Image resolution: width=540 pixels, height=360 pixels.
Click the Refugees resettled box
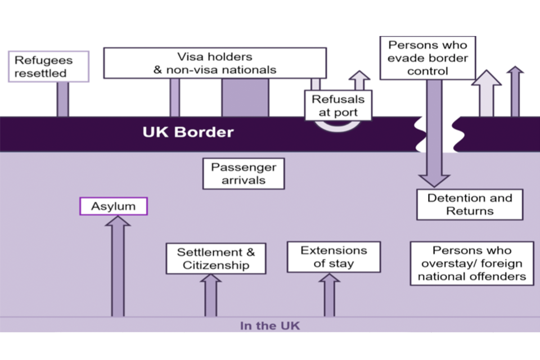pyautogui.click(x=49, y=66)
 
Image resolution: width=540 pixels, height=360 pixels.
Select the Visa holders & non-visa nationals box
pyautogui.click(x=215, y=63)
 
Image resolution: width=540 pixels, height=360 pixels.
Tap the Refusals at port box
pyautogui.click(x=338, y=106)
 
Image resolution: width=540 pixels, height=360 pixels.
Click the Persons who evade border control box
pyautogui.click(x=427, y=57)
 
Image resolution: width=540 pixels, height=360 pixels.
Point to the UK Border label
pyautogui.click(x=187, y=133)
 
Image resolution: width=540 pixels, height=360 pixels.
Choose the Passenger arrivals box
pyautogui.click(x=244, y=174)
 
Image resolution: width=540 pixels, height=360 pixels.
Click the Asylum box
pyautogui.click(x=114, y=206)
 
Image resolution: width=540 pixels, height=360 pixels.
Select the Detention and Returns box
pyautogui.click(x=469, y=204)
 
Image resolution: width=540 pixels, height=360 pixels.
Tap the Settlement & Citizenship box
pyautogui.click(x=216, y=259)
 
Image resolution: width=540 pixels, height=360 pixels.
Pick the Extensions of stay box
pyautogui.click(x=334, y=257)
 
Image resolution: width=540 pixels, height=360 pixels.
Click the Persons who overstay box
pyautogui.click(x=471, y=263)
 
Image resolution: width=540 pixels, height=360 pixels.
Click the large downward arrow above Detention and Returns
pyautogui.click(x=434, y=135)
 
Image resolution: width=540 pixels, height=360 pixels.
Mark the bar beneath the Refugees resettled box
pyautogui.click(x=62, y=100)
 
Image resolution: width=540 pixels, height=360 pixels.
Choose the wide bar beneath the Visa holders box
pyautogui.click(x=245, y=97)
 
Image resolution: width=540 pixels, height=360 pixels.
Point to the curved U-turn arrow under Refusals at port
pyautogui.click(x=337, y=127)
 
